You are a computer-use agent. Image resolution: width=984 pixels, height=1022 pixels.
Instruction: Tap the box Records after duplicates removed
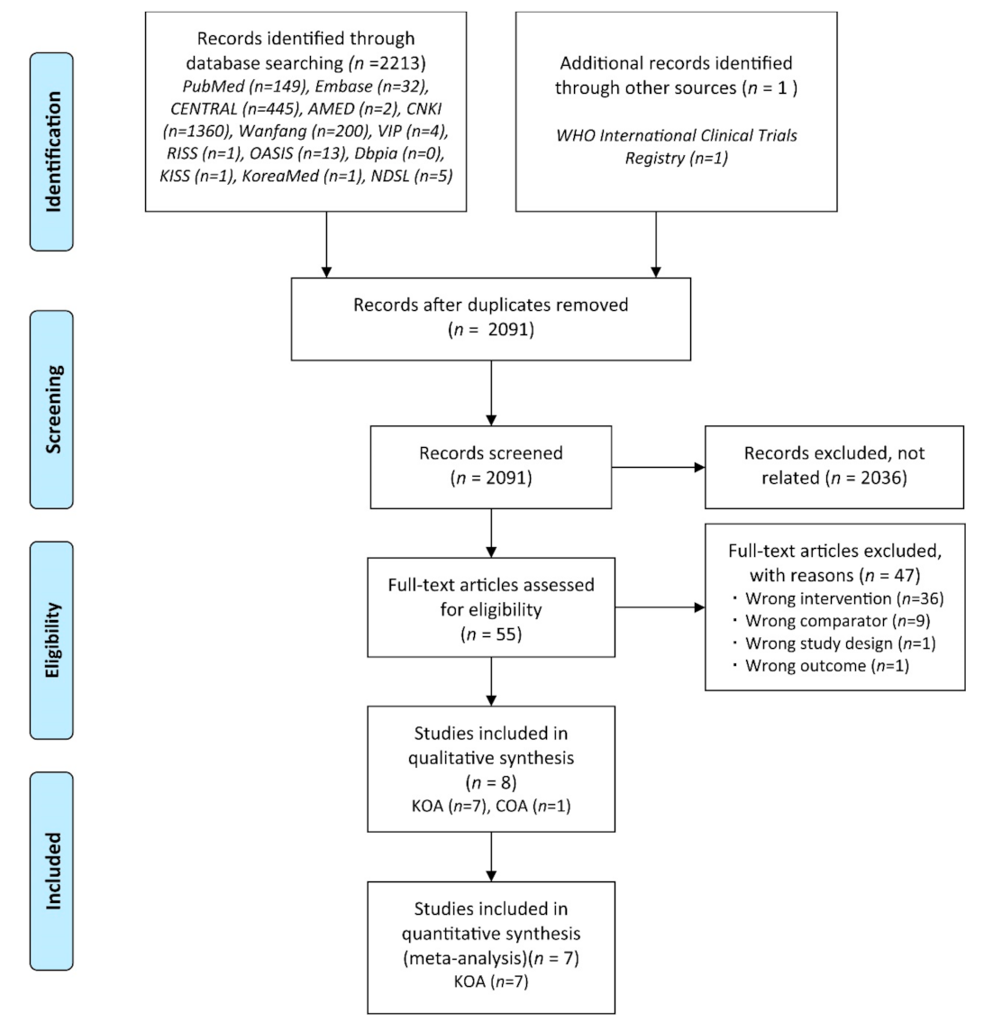[x=491, y=318]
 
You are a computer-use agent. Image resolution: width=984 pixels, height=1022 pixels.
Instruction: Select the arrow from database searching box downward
[x=325, y=243]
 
